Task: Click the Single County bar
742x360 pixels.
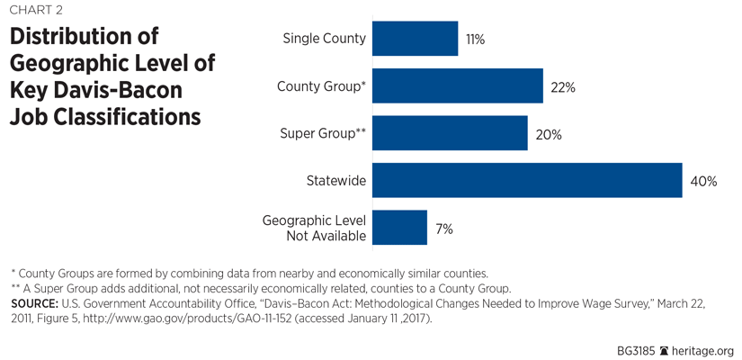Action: click(415, 39)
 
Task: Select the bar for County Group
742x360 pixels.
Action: click(457, 86)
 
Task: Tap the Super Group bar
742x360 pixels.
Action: click(450, 133)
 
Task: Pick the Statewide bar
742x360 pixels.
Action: click(527, 180)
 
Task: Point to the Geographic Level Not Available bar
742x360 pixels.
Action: click(399, 228)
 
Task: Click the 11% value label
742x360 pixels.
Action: click(476, 40)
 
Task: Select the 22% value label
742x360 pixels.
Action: click(564, 87)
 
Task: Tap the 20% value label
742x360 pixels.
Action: click(549, 134)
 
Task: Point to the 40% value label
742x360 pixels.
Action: click(703, 181)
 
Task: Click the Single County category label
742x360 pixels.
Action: click(324, 39)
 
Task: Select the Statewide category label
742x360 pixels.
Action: click(337, 181)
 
